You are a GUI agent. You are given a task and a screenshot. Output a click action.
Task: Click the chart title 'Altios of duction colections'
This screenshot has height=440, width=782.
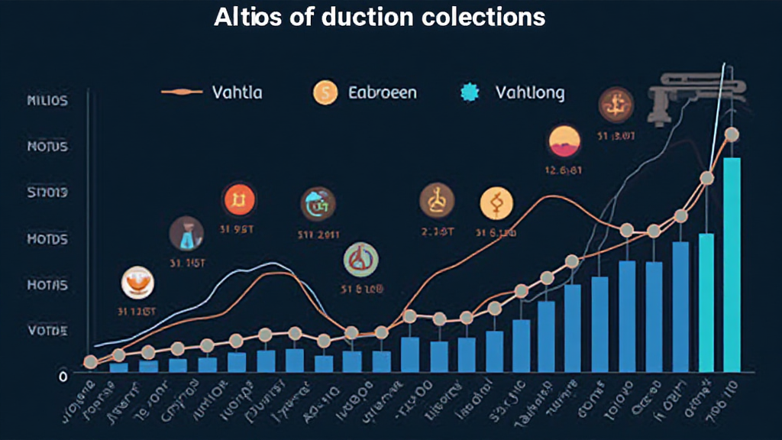pyautogui.click(x=380, y=17)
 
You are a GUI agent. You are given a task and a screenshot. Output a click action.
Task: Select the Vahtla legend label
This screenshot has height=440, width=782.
pyautogui.click(x=238, y=93)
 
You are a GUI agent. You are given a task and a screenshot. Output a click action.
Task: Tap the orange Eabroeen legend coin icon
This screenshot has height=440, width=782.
pyautogui.click(x=325, y=93)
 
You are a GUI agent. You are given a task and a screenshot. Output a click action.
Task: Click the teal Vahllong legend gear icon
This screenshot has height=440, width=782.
pyautogui.click(x=470, y=93)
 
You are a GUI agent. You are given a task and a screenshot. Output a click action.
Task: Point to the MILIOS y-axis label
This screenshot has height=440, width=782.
pyautogui.click(x=47, y=101)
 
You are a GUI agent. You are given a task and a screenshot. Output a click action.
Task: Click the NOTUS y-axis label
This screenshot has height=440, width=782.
pyautogui.click(x=47, y=147)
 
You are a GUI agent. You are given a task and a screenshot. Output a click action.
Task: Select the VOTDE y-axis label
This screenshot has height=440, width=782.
pyautogui.click(x=47, y=331)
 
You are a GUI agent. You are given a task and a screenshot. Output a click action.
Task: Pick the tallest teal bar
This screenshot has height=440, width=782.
pyautogui.click(x=732, y=264)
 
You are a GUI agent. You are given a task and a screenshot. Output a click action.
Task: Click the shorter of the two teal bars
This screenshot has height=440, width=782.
pyautogui.click(x=706, y=302)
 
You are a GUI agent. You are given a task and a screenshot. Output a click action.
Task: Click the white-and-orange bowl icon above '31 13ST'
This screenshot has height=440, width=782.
pyautogui.click(x=137, y=283)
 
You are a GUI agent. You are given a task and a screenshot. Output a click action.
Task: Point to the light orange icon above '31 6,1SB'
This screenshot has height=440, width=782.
pyautogui.click(x=496, y=203)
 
